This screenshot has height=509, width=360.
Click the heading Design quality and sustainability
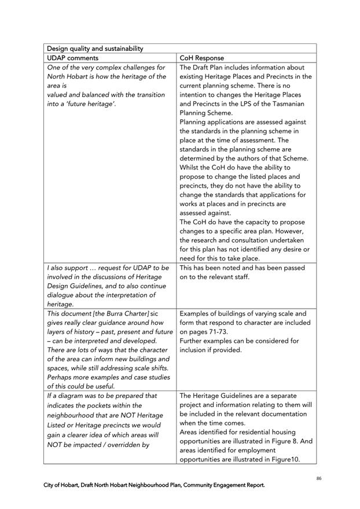point(95,49)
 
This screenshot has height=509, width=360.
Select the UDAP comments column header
point(72,58)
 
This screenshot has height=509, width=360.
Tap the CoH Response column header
point(201,58)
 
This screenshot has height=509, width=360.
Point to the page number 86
point(319,478)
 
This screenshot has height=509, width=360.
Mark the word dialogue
point(62,295)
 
